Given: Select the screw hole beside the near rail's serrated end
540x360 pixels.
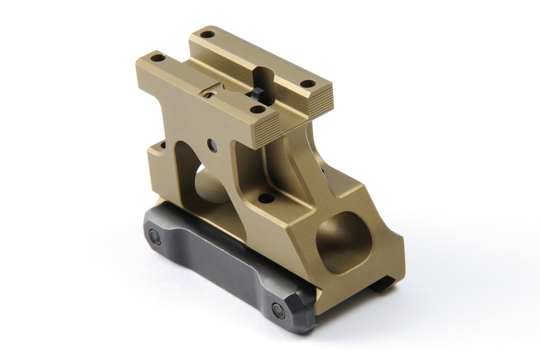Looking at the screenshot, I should pos(257,109).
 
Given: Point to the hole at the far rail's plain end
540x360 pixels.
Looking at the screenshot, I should pos(207,34).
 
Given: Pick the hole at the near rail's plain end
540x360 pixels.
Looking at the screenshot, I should pos(157,58).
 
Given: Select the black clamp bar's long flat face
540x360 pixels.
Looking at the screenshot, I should pos(216,261).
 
